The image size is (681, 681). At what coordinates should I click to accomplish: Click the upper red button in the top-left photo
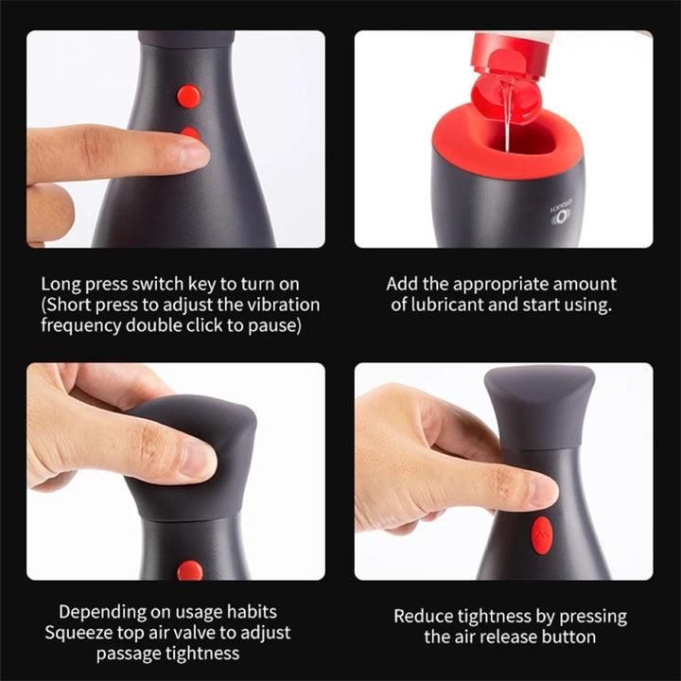coord(189,96)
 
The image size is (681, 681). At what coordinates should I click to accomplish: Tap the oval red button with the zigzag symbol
coord(542,535)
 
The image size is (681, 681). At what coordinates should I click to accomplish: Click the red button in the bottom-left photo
coord(190,570)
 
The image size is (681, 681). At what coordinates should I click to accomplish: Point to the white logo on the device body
coord(561,214)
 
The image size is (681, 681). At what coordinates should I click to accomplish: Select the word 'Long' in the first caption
coord(61,285)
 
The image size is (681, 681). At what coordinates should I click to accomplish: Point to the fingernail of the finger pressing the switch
coord(195,155)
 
